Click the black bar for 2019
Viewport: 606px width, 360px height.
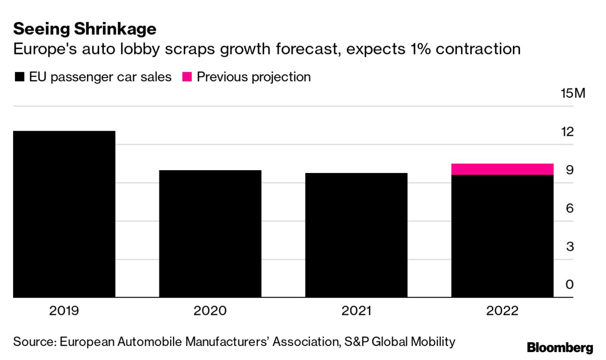click(x=64, y=214)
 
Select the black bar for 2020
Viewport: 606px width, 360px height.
click(x=210, y=234)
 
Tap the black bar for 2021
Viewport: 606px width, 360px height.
click(x=356, y=235)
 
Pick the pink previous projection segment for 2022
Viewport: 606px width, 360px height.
click(x=502, y=169)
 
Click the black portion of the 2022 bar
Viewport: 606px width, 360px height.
click(x=502, y=236)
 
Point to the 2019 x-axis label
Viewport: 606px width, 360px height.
click(x=64, y=311)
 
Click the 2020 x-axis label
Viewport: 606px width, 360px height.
click(x=210, y=311)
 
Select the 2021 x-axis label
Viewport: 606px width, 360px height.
click(x=356, y=311)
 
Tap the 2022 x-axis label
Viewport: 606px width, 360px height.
click(x=502, y=311)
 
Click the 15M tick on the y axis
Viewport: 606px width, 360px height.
click(x=573, y=93)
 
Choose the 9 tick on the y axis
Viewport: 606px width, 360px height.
click(x=569, y=170)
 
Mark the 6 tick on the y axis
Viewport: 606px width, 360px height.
click(x=569, y=208)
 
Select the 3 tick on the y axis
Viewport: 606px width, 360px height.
click(x=569, y=247)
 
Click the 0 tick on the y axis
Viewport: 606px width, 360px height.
click(x=569, y=285)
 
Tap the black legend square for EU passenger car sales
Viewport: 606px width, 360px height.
click(x=19, y=77)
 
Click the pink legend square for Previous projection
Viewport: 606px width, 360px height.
click(x=187, y=77)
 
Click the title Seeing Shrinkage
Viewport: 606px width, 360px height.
click(x=85, y=29)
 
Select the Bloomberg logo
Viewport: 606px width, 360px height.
click(x=560, y=348)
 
